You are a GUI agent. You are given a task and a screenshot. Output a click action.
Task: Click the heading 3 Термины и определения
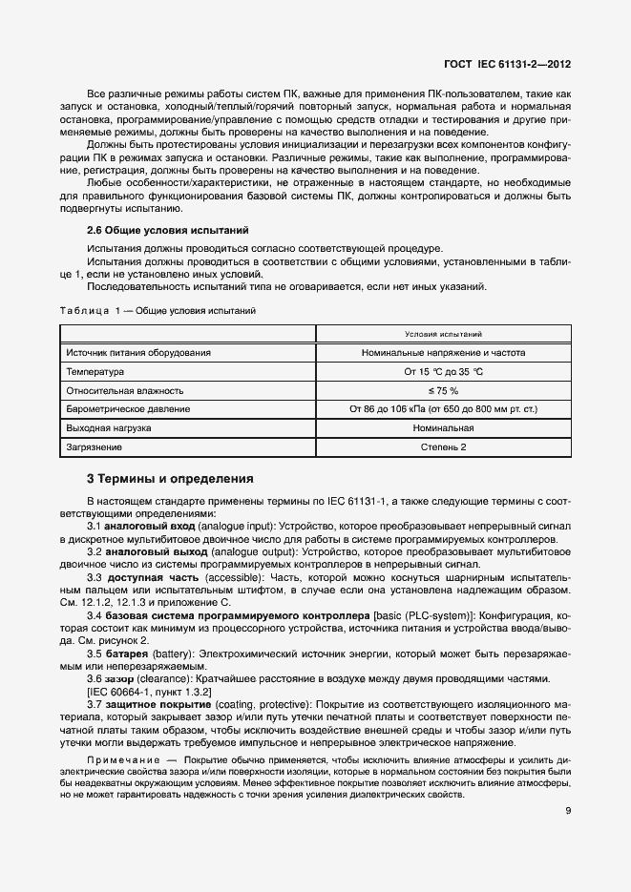(170, 478)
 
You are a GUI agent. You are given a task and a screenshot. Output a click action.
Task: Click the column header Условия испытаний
(443, 334)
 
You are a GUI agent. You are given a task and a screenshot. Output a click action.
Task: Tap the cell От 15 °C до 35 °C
(444, 371)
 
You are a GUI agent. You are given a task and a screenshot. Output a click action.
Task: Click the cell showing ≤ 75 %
(444, 390)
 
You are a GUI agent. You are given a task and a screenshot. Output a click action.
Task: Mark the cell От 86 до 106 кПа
(444, 409)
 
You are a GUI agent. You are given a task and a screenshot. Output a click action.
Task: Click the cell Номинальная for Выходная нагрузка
(444, 428)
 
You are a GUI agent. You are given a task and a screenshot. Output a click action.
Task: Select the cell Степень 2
(444, 446)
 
